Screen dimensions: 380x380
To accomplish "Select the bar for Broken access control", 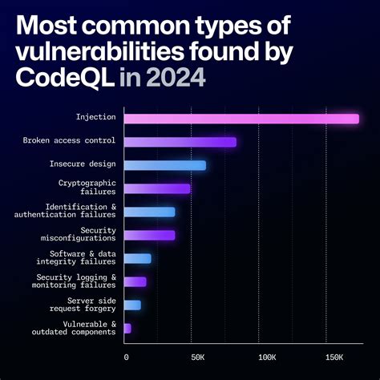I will pyautogui.click(x=180, y=142).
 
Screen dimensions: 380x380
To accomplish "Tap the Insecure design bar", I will pyautogui.click(x=165, y=165).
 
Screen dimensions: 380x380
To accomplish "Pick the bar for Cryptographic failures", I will pyautogui.click(x=158, y=188).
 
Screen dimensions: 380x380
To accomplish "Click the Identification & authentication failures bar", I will pyautogui.click(x=150, y=212).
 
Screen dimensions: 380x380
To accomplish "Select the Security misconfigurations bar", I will pyautogui.click(x=150, y=235).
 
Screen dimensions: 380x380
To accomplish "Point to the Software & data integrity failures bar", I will pyautogui.click(x=138, y=258).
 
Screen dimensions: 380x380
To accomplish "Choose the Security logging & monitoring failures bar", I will pyautogui.click(x=135, y=281).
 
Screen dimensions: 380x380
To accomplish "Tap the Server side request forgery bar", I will pyautogui.click(x=133, y=305).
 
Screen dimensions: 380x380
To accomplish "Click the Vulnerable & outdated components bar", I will pyautogui.click(x=128, y=328).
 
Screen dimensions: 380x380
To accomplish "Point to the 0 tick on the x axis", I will pyautogui.click(x=127, y=356).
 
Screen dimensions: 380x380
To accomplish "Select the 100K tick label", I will pyautogui.click(x=267, y=356).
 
